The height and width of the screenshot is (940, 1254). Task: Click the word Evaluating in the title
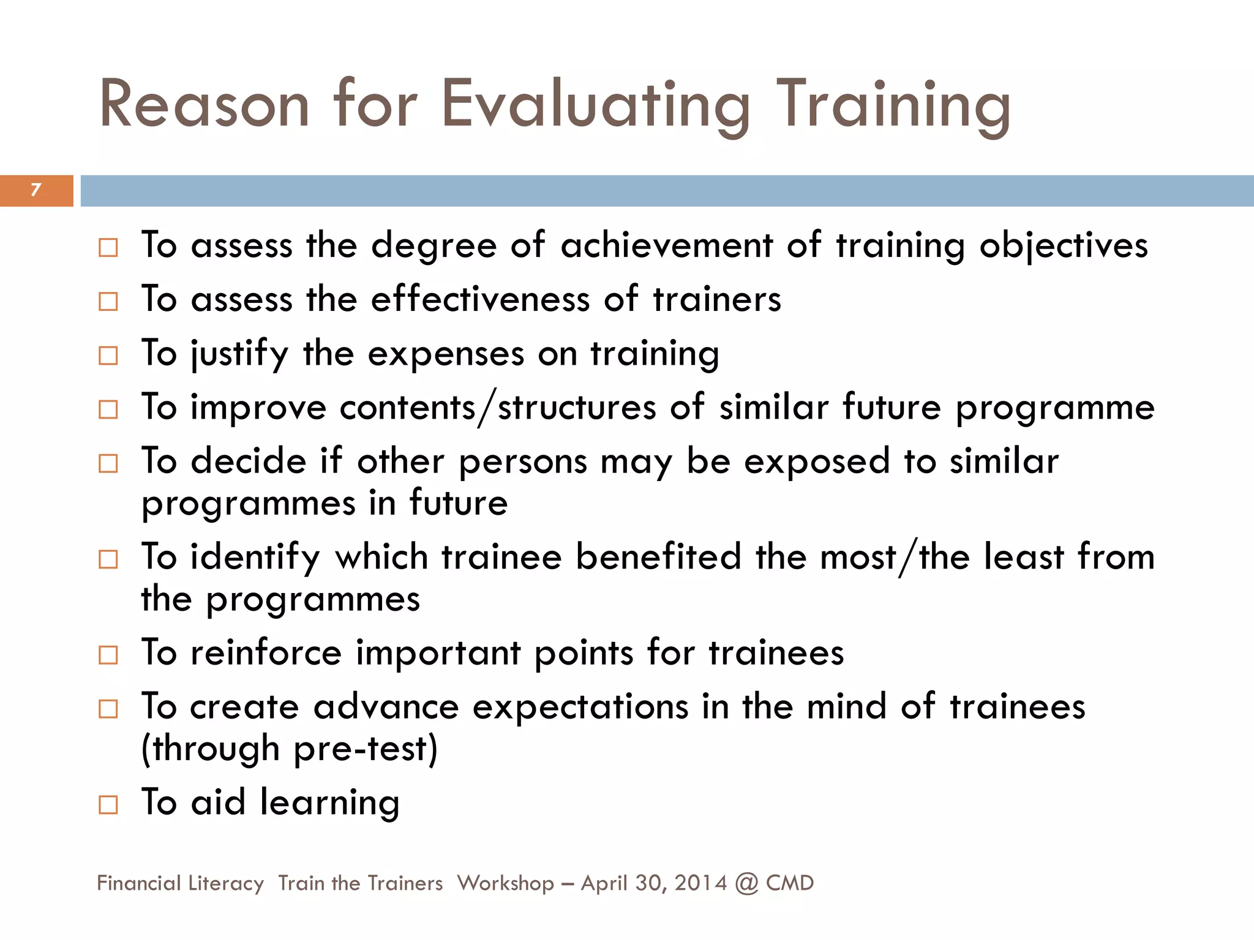point(595,105)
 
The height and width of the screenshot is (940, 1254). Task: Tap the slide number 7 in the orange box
point(36,190)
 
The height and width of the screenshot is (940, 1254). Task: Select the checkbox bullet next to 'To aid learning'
point(108,804)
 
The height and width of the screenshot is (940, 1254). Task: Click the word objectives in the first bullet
point(1064,247)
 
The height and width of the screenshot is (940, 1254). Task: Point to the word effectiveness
point(479,300)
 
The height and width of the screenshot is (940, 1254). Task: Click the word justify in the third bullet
point(239,354)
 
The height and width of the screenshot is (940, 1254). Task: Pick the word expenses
point(446,354)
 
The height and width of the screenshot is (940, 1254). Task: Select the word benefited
point(658,558)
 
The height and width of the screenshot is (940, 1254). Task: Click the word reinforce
point(266,653)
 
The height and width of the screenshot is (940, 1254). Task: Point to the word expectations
point(580,707)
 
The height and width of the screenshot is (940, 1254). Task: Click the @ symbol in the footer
point(746,883)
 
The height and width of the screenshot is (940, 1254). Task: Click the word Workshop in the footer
point(505,883)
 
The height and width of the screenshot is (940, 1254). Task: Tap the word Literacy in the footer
point(226,883)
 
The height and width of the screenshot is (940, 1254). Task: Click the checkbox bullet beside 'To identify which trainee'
point(108,559)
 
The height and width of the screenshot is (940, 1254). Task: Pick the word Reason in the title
point(204,105)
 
